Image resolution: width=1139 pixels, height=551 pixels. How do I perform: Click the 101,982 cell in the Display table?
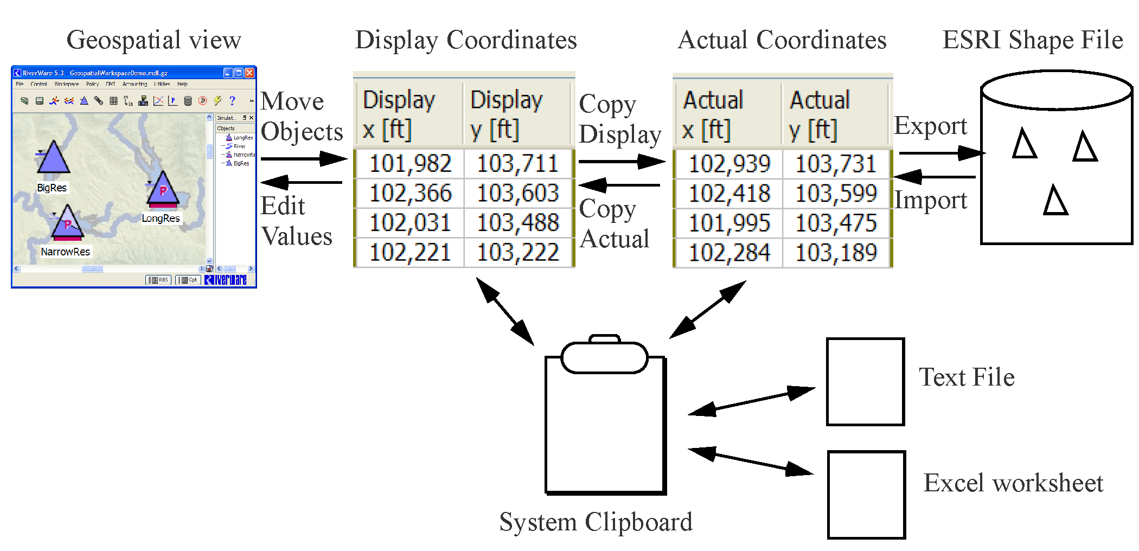(x=410, y=164)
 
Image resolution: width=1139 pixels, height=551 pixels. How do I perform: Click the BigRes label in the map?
(x=52, y=188)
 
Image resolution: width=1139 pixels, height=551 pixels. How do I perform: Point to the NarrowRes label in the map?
(x=65, y=252)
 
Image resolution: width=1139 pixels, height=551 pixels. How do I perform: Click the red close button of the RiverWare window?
(x=249, y=73)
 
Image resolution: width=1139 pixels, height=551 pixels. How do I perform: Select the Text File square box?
(x=865, y=382)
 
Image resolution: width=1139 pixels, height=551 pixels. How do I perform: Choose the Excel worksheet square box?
(x=866, y=495)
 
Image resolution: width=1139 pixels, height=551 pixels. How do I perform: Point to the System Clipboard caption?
(x=596, y=522)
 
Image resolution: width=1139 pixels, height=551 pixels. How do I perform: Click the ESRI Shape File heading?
(x=1032, y=40)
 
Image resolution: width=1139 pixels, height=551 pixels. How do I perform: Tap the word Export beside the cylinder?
(x=930, y=126)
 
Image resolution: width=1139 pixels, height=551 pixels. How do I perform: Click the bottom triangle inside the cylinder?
(x=1055, y=201)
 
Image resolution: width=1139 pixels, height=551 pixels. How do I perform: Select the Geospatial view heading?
(x=153, y=40)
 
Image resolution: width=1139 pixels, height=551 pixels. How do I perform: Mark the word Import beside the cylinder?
(x=930, y=201)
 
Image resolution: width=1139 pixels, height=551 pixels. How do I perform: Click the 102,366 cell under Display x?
(x=410, y=194)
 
